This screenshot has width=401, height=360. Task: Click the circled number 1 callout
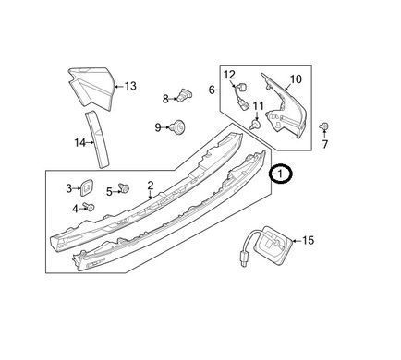pyautogui.click(x=280, y=174)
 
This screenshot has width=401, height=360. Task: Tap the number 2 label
pyautogui.click(x=151, y=185)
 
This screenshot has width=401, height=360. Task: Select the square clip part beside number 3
pyautogui.click(x=87, y=187)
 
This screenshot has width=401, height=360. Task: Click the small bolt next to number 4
pyautogui.click(x=90, y=207)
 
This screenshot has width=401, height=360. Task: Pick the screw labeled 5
pyautogui.click(x=124, y=187)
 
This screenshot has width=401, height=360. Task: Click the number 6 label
pyautogui.click(x=212, y=90)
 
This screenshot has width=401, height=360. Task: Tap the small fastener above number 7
pyautogui.click(x=324, y=126)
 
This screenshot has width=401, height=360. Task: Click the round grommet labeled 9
pyautogui.click(x=179, y=126)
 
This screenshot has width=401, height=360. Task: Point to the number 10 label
pyautogui.click(x=296, y=79)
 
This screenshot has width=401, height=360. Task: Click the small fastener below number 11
pyautogui.click(x=255, y=125)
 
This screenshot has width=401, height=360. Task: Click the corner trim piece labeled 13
pyautogui.click(x=91, y=88)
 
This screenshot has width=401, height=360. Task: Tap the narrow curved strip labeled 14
pyautogui.click(x=96, y=140)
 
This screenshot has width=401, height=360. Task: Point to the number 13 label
pyautogui.click(x=130, y=86)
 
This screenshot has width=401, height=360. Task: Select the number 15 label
pyautogui.click(x=308, y=240)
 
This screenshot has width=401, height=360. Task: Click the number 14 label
pyautogui.click(x=79, y=143)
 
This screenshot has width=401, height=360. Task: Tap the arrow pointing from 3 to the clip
pyautogui.click(x=77, y=188)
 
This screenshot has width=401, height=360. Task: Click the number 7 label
pyautogui.click(x=325, y=144)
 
